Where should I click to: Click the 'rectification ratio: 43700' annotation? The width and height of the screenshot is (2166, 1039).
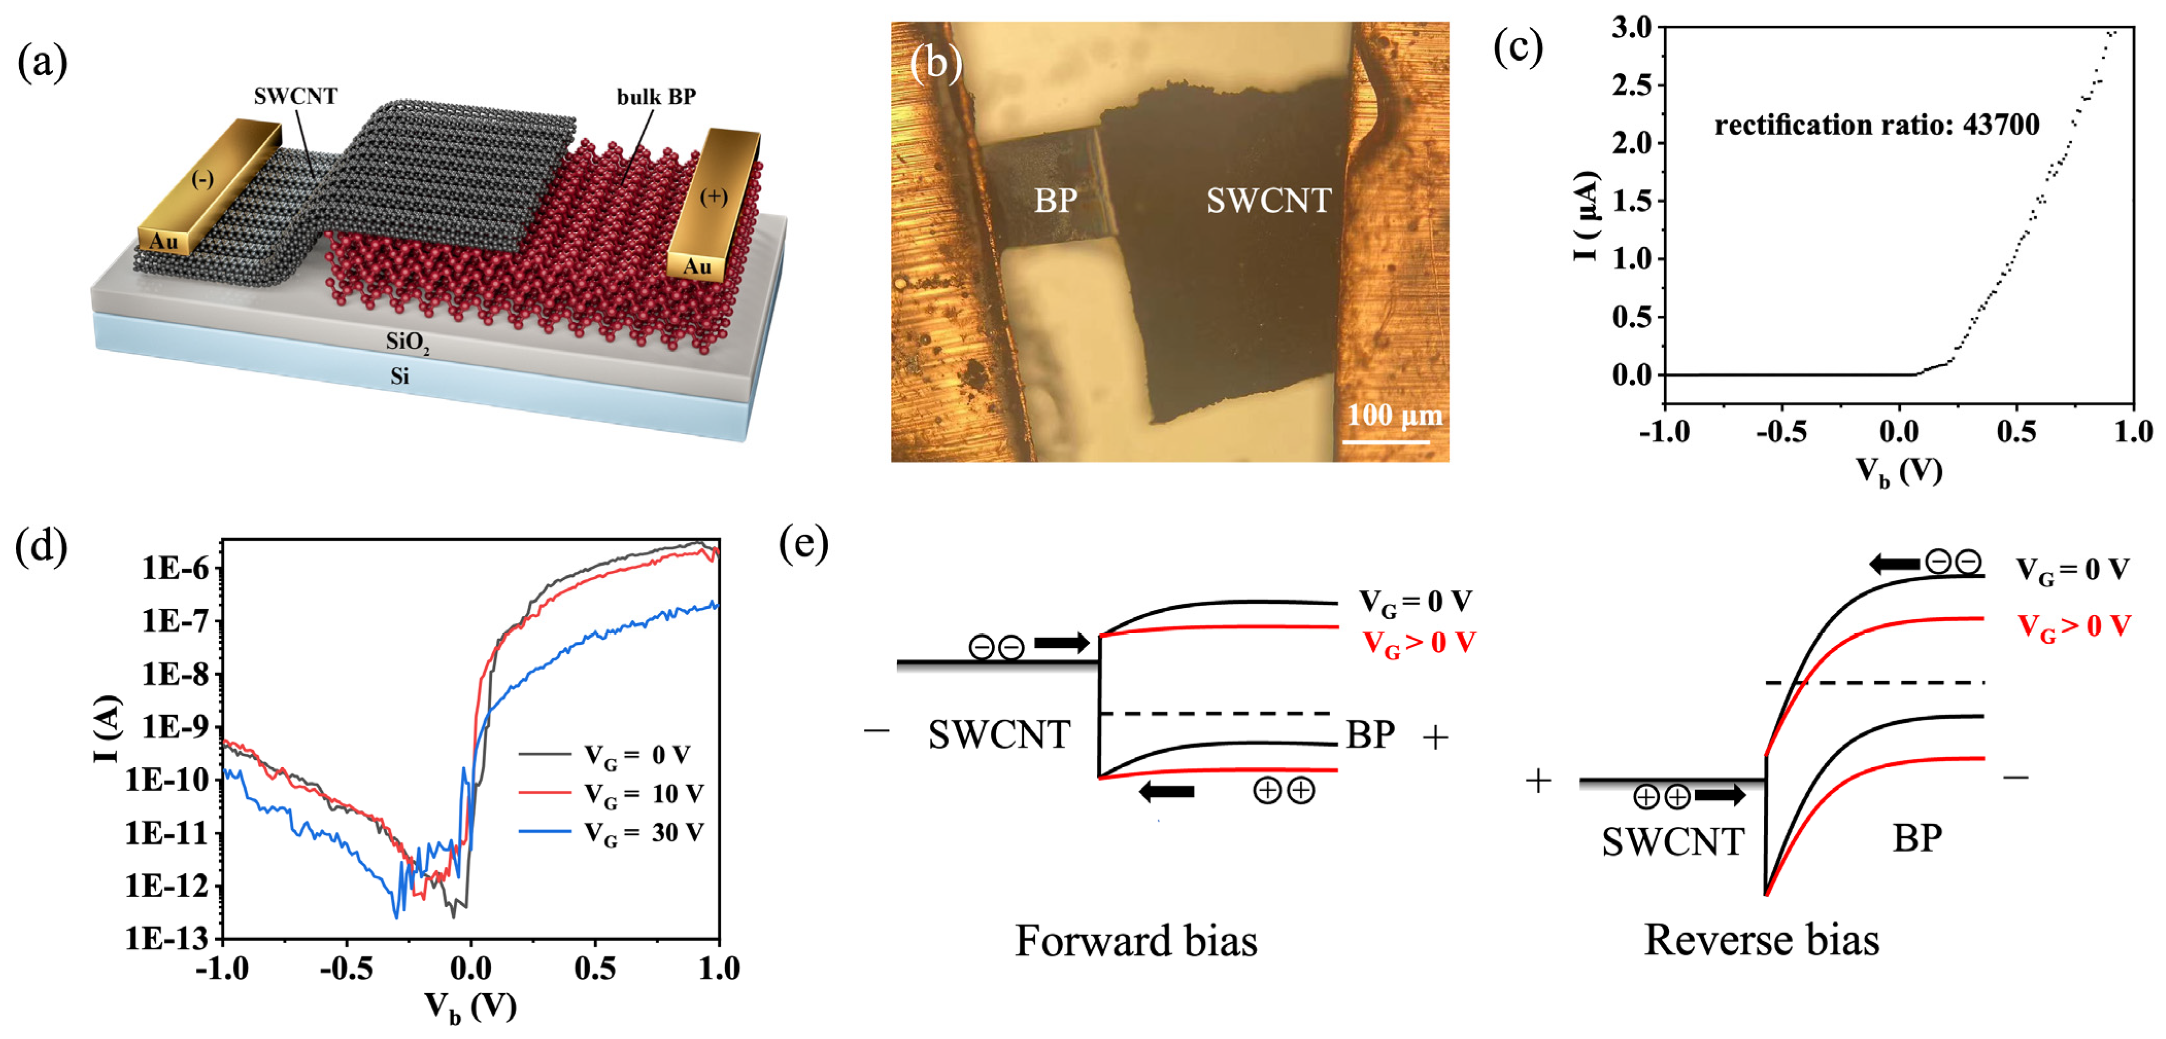pos(1876,125)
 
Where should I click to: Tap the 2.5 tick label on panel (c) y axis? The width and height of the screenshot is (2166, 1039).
pos(1631,85)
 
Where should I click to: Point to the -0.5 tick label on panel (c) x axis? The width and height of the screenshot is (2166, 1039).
pos(1780,432)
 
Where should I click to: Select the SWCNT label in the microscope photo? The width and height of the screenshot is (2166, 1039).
pos(1268,200)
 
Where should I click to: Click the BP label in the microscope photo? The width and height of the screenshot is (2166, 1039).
pos(1055,200)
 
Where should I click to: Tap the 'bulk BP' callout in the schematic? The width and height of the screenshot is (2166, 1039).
pos(656,97)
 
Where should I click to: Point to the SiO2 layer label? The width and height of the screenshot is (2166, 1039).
pos(407,342)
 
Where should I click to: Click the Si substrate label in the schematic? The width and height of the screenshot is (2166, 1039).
pos(400,376)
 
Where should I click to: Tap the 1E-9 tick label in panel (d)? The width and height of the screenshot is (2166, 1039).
pos(174,727)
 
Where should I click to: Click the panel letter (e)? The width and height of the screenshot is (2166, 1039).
pos(803,544)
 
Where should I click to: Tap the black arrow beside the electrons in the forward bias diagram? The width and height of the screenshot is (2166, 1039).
pos(1061,643)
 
